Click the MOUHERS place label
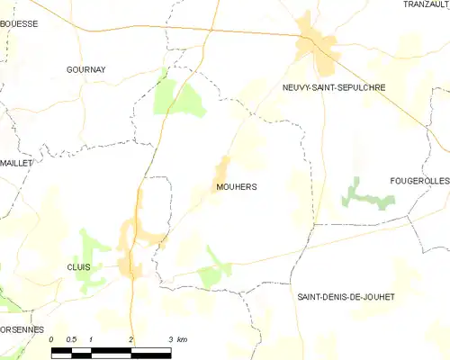237,187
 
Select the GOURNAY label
86,68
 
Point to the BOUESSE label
19,24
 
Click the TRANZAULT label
426,5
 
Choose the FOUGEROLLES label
419,181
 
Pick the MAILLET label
15,163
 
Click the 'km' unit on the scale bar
182,339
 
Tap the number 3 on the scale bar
170,339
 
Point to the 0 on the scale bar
52,339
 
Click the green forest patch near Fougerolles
364,193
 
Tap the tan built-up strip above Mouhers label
221,167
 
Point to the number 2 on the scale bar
131,339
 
